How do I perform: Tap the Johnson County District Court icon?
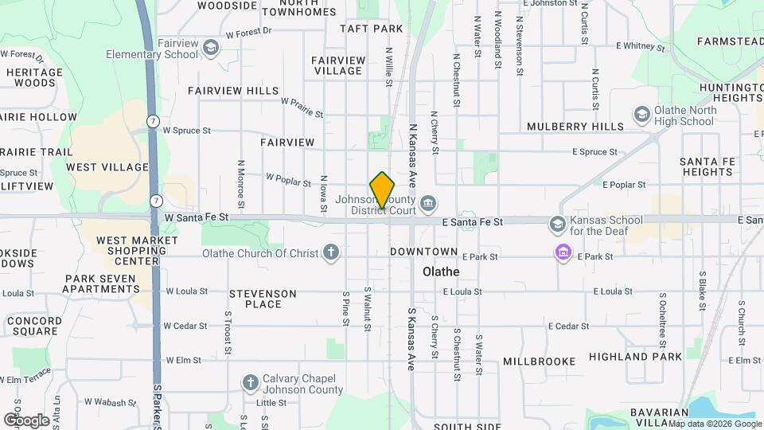click(428, 201)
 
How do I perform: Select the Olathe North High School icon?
click(641, 115)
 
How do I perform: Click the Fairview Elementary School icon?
click(210, 48)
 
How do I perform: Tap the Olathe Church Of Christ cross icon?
click(331, 253)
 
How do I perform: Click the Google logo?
click(26, 420)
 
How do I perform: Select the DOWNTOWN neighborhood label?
click(424, 252)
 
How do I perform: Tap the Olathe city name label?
click(441, 272)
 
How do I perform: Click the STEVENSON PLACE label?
click(263, 299)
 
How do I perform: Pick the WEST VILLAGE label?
click(107, 167)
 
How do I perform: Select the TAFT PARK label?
click(371, 29)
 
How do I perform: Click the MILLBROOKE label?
click(539, 362)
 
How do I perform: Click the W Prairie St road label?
click(302, 107)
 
